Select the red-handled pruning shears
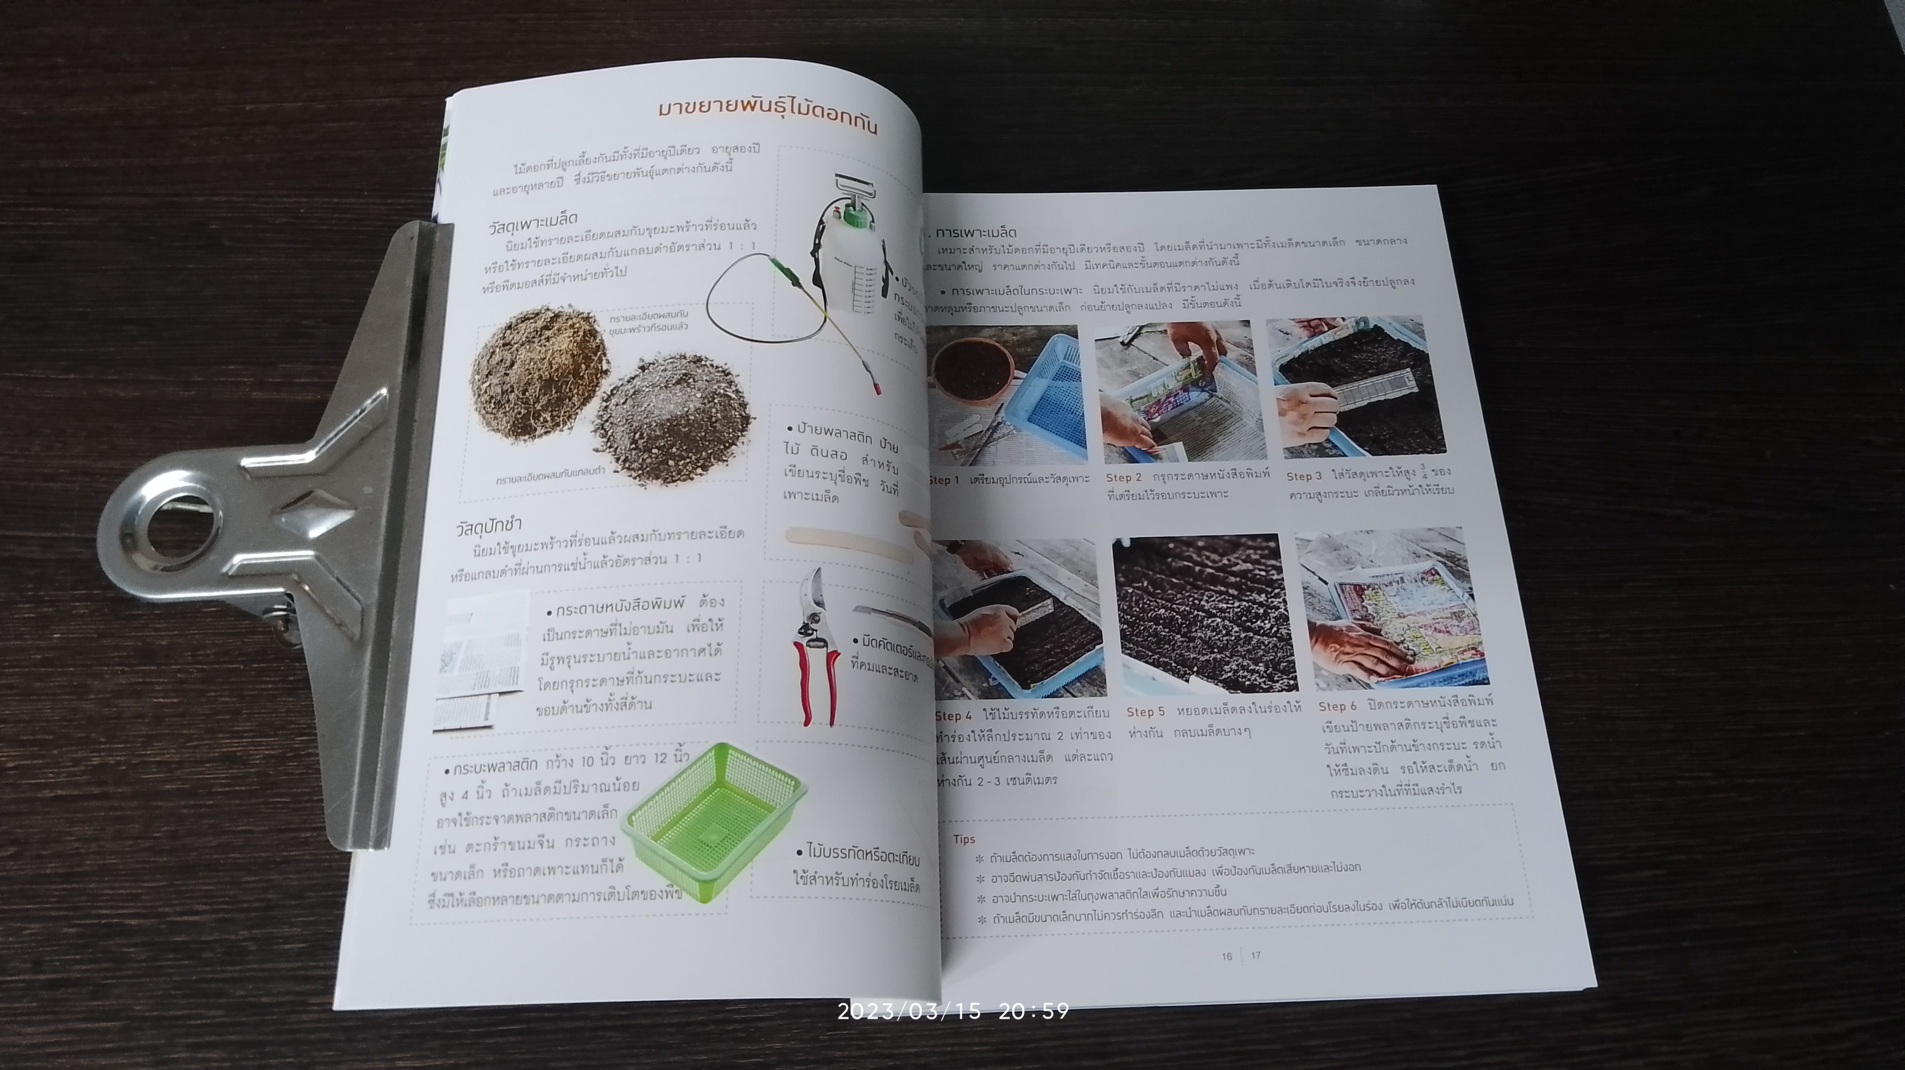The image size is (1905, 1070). point(816,644)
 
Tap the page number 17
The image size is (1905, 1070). point(1256,955)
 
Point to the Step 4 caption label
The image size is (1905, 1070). point(953,716)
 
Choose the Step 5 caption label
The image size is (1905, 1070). point(1145,712)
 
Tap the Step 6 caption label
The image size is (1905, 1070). point(1338,706)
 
